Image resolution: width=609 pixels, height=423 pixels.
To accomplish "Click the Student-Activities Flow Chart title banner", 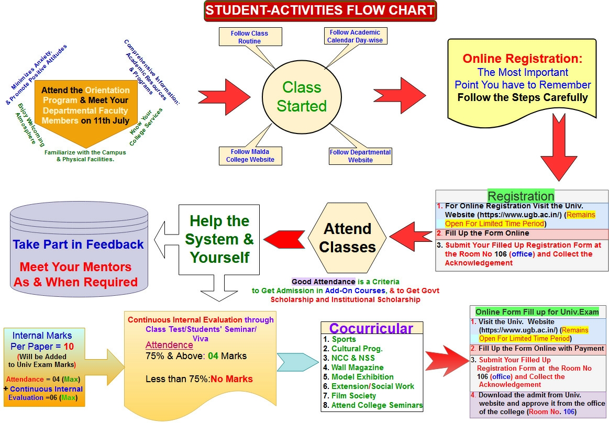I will coord(319,10).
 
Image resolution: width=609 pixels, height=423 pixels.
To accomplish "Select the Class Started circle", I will coord(302,97).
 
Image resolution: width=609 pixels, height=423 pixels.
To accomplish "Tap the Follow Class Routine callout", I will coord(249,37).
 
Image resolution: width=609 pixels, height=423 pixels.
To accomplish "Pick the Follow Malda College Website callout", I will coord(250,155).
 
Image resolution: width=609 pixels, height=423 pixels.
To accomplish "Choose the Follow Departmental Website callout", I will coord(360,155).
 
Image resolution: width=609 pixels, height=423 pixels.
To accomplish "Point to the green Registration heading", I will coord(521,196).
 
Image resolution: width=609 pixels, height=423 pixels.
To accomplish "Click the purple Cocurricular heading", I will coord(371,328).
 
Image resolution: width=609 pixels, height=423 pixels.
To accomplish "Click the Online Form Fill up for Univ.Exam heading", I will coord(537,312).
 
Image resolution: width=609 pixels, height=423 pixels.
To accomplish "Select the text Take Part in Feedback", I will coord(79,244).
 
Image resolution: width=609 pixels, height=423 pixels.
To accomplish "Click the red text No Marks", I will coord(231,379).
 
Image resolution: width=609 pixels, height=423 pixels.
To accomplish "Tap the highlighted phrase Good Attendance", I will coord(323,282).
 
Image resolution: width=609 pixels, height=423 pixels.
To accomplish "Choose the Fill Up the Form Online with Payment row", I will coord(541,349).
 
